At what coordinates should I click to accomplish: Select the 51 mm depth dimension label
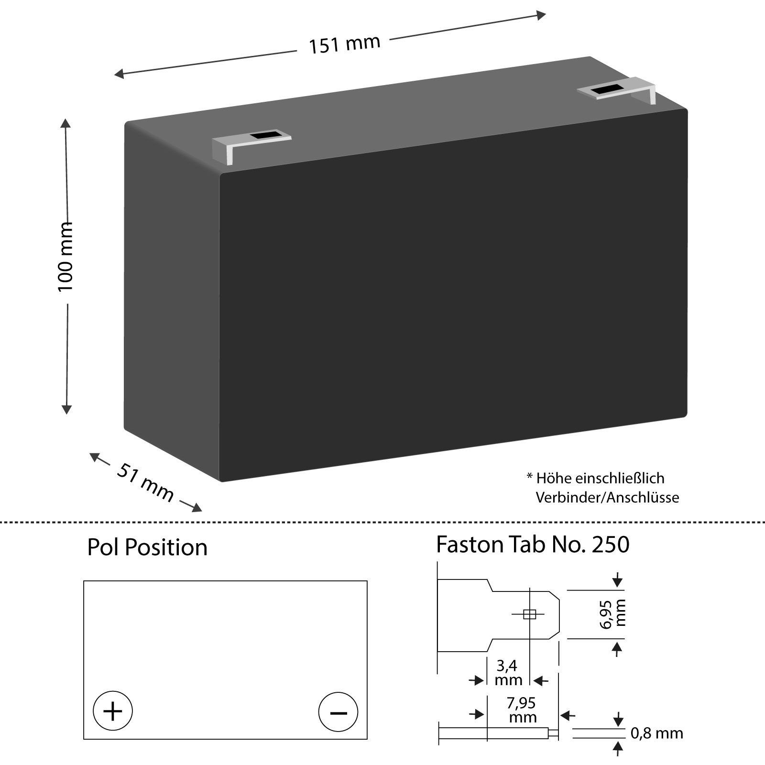(x=144, y=482)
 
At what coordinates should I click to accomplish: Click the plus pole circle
(x=113, y=711)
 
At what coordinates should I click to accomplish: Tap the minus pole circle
(x=338, y=711)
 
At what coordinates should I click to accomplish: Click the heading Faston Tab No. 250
(x=533, y=545)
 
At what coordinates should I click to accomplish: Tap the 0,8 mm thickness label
(x=657, y=733)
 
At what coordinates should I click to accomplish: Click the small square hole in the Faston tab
(x=529, y=614)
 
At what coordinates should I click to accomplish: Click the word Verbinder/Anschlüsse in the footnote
(x=607, y=497)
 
